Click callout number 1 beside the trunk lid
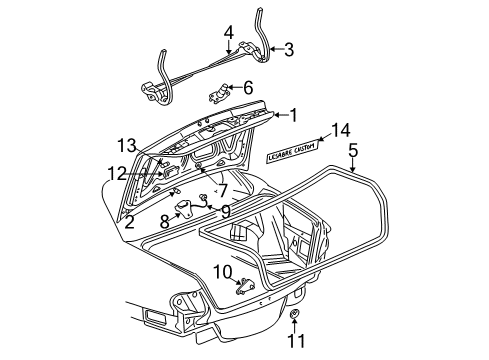[292, 115]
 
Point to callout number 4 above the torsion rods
[229, 32]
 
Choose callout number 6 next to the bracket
[248, 87]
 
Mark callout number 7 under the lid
[222, 189]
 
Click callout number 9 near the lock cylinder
[225, 210]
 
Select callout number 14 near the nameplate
[340, 129]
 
